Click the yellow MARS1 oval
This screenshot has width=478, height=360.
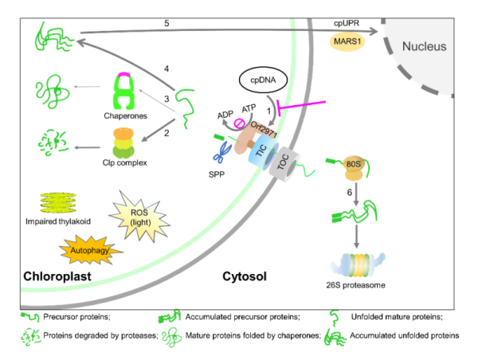[x=346, y=42]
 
